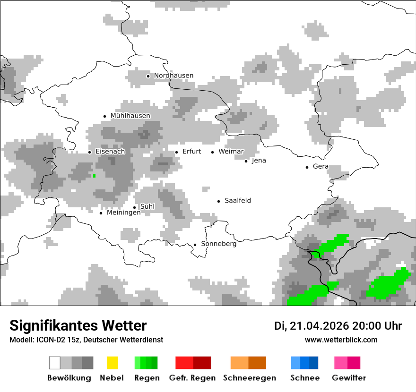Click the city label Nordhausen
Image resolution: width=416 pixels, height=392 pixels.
[173, 76]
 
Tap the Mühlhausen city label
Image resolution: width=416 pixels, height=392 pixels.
[130, 116]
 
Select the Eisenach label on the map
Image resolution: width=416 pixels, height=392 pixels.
[110, 152]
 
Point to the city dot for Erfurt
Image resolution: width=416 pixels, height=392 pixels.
[177, 152]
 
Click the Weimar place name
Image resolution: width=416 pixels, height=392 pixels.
[231, 152]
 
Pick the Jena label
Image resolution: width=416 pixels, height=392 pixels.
[259, 161]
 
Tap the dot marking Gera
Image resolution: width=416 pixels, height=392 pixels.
[307, 167]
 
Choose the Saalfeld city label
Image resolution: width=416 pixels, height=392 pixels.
[238, 201]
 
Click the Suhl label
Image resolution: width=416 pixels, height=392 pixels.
[147, 206]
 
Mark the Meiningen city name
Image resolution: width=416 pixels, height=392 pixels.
[123, 213]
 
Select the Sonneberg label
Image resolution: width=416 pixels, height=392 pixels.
[219, 244]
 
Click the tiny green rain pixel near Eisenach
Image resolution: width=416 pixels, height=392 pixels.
[95, 176]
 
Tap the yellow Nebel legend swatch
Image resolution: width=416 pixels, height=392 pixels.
[112, 363]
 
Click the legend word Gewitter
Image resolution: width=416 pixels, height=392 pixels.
[349, 378]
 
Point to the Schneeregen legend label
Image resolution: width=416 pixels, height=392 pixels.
[249, 378]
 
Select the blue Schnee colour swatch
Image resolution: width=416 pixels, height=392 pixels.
[304, 363]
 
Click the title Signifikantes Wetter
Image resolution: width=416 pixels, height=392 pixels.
[78, 325]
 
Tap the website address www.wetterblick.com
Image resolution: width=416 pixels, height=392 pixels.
[341, 340]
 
